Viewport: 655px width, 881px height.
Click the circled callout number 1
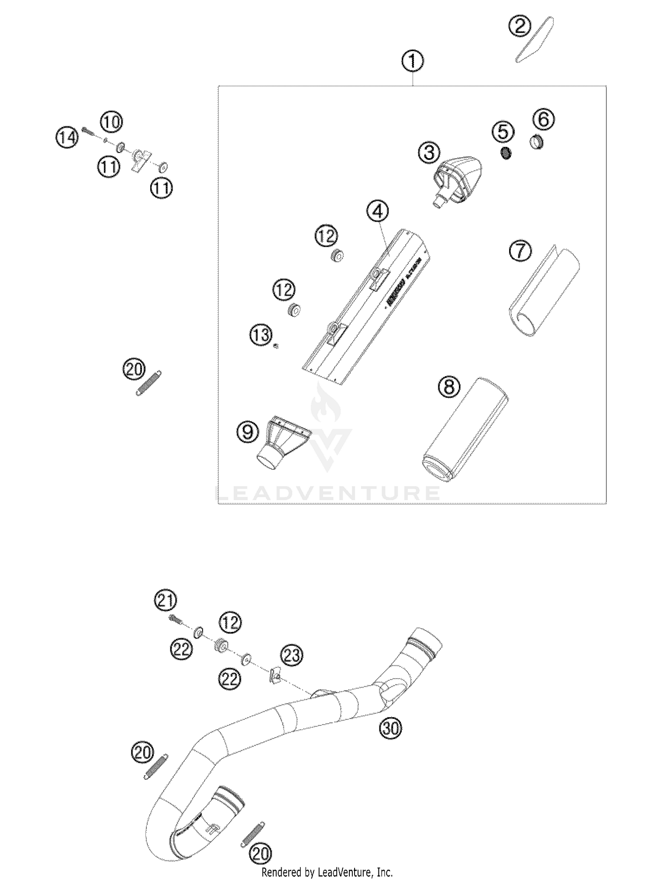pos(412,62)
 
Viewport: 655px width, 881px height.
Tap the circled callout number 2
pos(519,26)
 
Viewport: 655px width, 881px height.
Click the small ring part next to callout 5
pos(506,153)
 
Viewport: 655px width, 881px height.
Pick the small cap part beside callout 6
pos(537,142)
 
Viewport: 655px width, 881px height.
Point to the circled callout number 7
pos(520,252)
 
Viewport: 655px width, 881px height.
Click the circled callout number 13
pos(261,336)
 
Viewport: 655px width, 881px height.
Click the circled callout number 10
pos(112,122)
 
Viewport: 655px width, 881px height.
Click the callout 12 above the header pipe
pos(230,622)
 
